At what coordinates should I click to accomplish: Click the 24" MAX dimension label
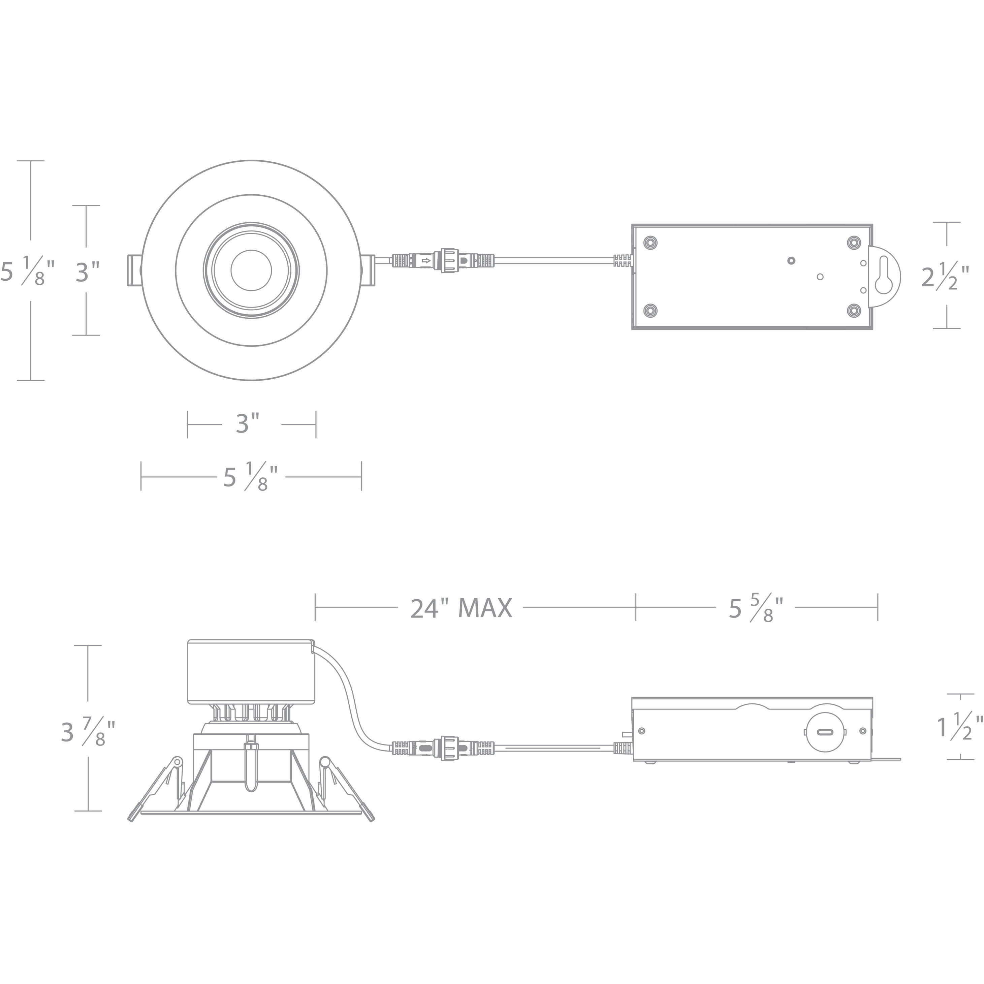(461, 608)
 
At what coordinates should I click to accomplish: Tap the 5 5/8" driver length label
(755, 609)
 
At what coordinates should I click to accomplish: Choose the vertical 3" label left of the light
(87, 272)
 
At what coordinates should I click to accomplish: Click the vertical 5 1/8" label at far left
(28, 272)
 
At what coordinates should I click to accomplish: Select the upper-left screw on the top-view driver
(650, 243)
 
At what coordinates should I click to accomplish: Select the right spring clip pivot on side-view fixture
(324, 762)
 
